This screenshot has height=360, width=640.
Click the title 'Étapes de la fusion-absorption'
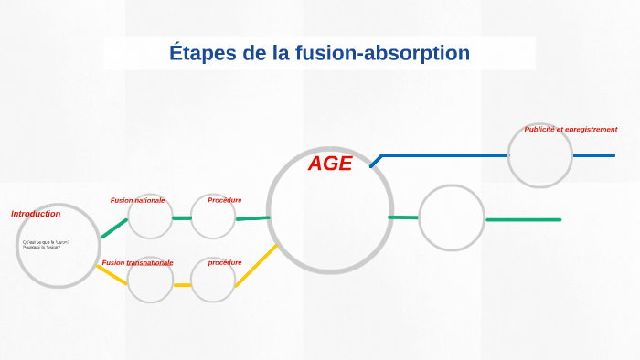click(319, 53)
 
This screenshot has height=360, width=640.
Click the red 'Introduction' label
click(36, 214)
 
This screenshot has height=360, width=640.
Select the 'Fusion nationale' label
click(137, 200)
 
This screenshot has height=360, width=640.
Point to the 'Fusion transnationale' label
click(137, 263)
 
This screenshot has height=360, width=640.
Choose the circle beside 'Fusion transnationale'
click(150, 280)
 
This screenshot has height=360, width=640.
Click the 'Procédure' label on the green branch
click(224, 200)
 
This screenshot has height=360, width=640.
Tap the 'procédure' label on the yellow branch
click(224, 263)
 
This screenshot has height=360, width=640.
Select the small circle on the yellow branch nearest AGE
click(213, 281)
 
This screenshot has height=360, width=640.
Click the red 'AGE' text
click(329, 164)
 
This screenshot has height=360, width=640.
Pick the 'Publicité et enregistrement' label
click(571, 130)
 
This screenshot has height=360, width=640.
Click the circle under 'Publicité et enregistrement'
click(539, 155)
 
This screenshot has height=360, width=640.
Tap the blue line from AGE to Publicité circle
click(443, 155)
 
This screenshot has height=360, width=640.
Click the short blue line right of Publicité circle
click(593, 155)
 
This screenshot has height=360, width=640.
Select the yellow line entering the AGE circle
click(256, 266)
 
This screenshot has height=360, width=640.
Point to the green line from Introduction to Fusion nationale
click(114, 228)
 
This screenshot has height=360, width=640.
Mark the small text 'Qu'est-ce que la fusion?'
click(46, 242)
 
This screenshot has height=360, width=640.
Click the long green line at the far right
click(523, 219)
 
